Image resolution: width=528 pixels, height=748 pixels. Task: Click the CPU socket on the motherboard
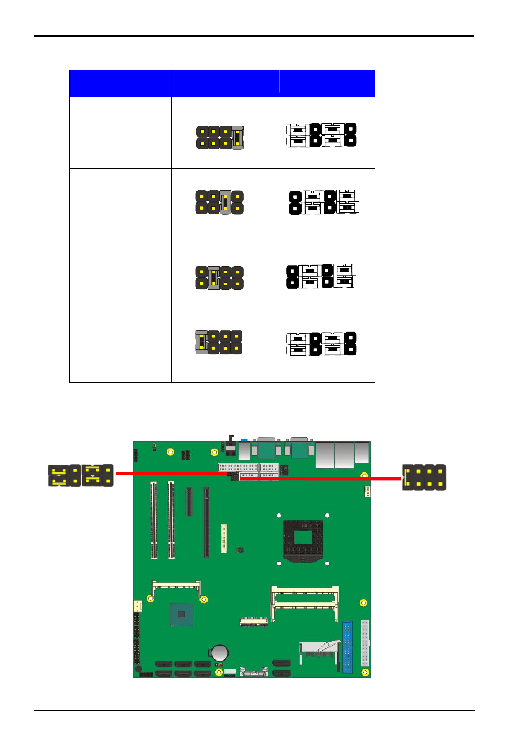(303, 539)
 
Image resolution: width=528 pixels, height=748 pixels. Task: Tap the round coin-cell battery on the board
(220, 653)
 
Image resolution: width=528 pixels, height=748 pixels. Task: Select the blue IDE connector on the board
(347, 646)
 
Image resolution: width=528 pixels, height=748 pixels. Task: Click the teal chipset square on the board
(182, 615)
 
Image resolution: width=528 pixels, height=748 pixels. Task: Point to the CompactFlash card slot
(319, 650)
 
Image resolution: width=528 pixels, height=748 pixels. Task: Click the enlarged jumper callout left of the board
(81, 475)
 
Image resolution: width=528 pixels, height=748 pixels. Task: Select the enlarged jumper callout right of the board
(423, 477)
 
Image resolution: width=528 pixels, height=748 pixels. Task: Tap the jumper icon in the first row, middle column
(220, 137)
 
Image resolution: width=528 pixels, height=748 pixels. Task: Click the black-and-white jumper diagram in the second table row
(324, 202)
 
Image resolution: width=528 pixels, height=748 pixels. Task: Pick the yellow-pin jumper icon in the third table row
(220, 278)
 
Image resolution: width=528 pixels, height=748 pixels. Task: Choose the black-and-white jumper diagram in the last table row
(321, 344)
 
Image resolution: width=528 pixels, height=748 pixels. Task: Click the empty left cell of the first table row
(120, 133)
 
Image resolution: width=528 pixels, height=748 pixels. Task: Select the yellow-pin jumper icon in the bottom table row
(219, 342)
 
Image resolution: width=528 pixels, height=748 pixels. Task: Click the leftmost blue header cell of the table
(123, 84)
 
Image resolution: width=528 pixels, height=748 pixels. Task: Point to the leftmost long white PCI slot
(153, 520)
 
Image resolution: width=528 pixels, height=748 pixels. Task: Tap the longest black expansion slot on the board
(206, 522)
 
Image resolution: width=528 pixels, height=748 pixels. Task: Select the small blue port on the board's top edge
(244, 441)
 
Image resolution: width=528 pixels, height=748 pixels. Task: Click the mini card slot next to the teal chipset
(176, 584)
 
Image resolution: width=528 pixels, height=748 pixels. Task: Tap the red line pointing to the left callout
(172, 474)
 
